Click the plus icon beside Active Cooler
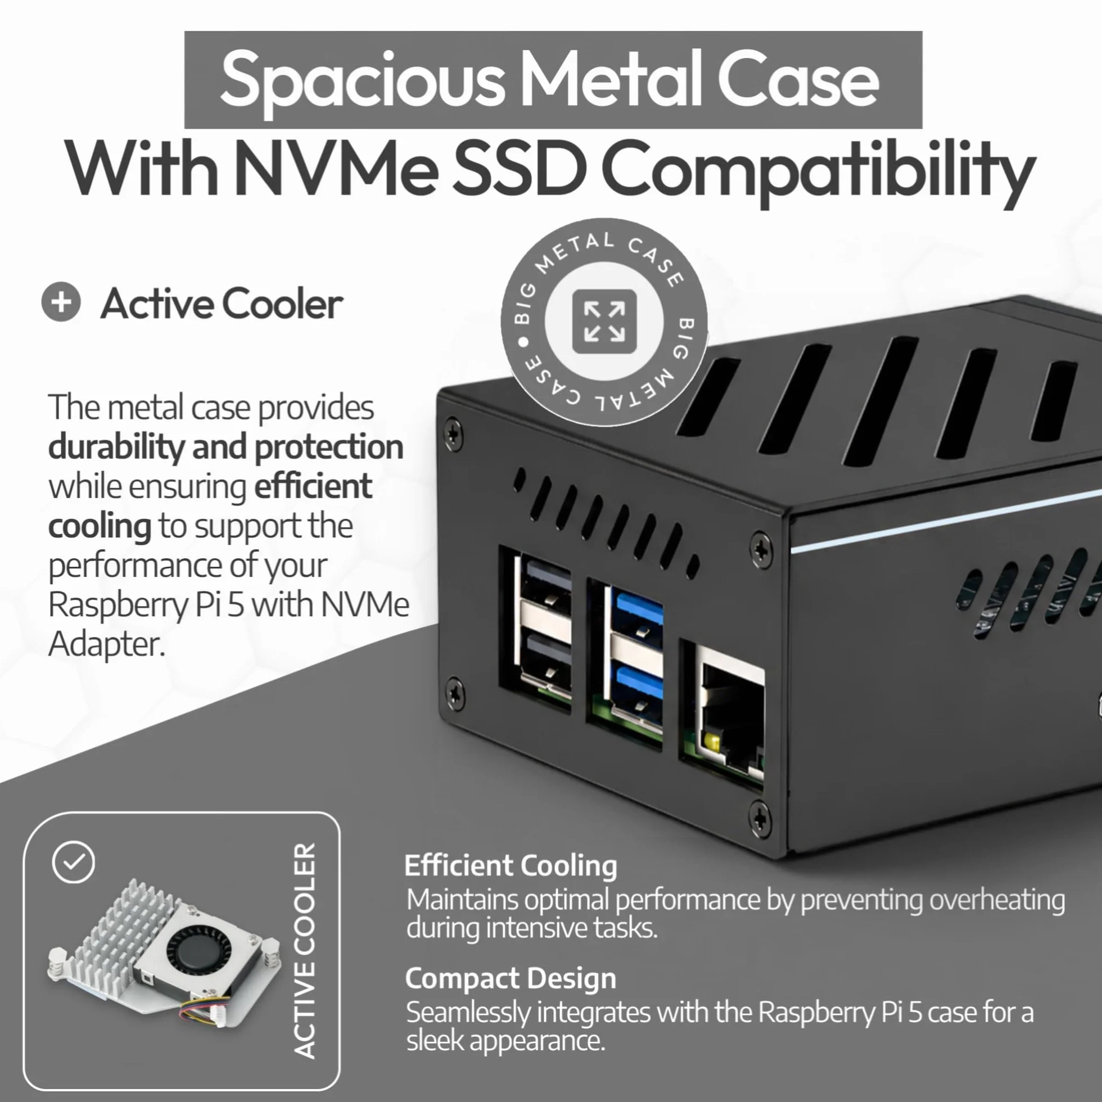61,302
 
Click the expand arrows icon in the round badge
604,321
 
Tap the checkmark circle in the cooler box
74,862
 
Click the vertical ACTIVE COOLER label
304,950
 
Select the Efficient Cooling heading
511,865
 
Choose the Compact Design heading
511,978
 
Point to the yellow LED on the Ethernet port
712,742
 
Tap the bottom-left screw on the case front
455,694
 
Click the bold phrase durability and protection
226,447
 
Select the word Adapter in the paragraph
107,644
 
